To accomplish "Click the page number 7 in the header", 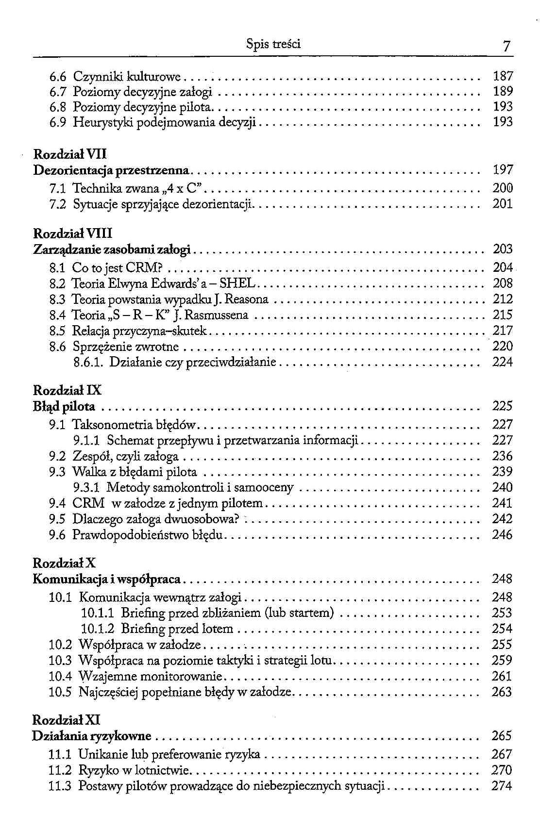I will (506, 47).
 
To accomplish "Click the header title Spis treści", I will (273, 45).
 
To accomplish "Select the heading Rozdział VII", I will (70, 154).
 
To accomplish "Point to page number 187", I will (503, 76).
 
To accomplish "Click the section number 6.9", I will (58, 122).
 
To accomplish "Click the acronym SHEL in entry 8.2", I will (241, 283).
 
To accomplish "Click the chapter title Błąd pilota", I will (64, 406).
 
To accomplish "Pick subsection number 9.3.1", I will (86, 487).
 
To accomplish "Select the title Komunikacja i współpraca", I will (106, 579).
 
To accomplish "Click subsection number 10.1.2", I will (98, 629).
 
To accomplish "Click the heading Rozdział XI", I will (66, 720).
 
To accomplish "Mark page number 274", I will (502, 786).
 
